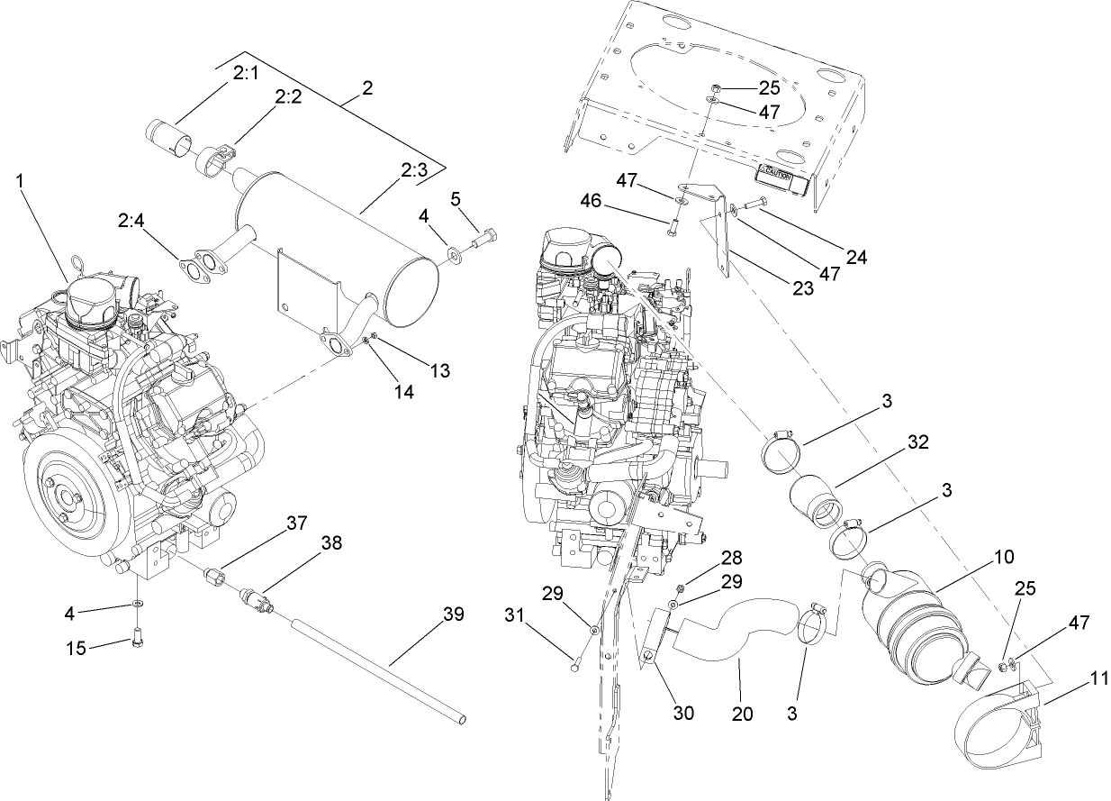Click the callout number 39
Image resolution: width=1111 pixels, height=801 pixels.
(453, 614)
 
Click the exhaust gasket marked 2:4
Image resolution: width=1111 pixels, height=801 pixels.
(201, 264)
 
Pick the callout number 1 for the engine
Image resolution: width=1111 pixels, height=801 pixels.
(21, 180)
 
